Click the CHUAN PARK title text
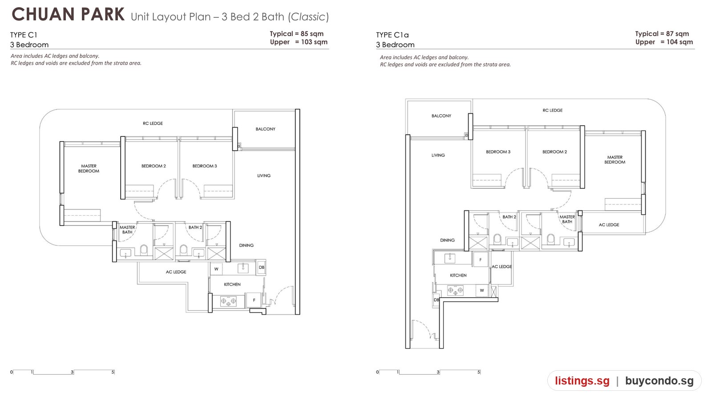[68, 15]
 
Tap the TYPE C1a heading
[392, 35]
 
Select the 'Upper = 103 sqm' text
[299, 42]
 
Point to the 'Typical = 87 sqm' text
[662, 34]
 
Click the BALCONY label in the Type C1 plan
[265, 129]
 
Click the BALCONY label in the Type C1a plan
[441, 116]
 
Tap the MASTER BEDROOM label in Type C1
[89, 168]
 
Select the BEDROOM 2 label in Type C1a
[554, 152]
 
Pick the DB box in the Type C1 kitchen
[262, 267]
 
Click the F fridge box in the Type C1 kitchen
[254, 300]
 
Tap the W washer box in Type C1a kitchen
[482, 290]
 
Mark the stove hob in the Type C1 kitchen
[228, 301]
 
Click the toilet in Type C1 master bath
[144, 250]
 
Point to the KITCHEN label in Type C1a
[458, 275]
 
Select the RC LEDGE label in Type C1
[153, 123]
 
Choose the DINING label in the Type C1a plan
[447, 240]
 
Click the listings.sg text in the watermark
[583, 381]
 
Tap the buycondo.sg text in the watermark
[659, 381]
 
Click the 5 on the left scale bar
[113, 372]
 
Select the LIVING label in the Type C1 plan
[264, 176]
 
